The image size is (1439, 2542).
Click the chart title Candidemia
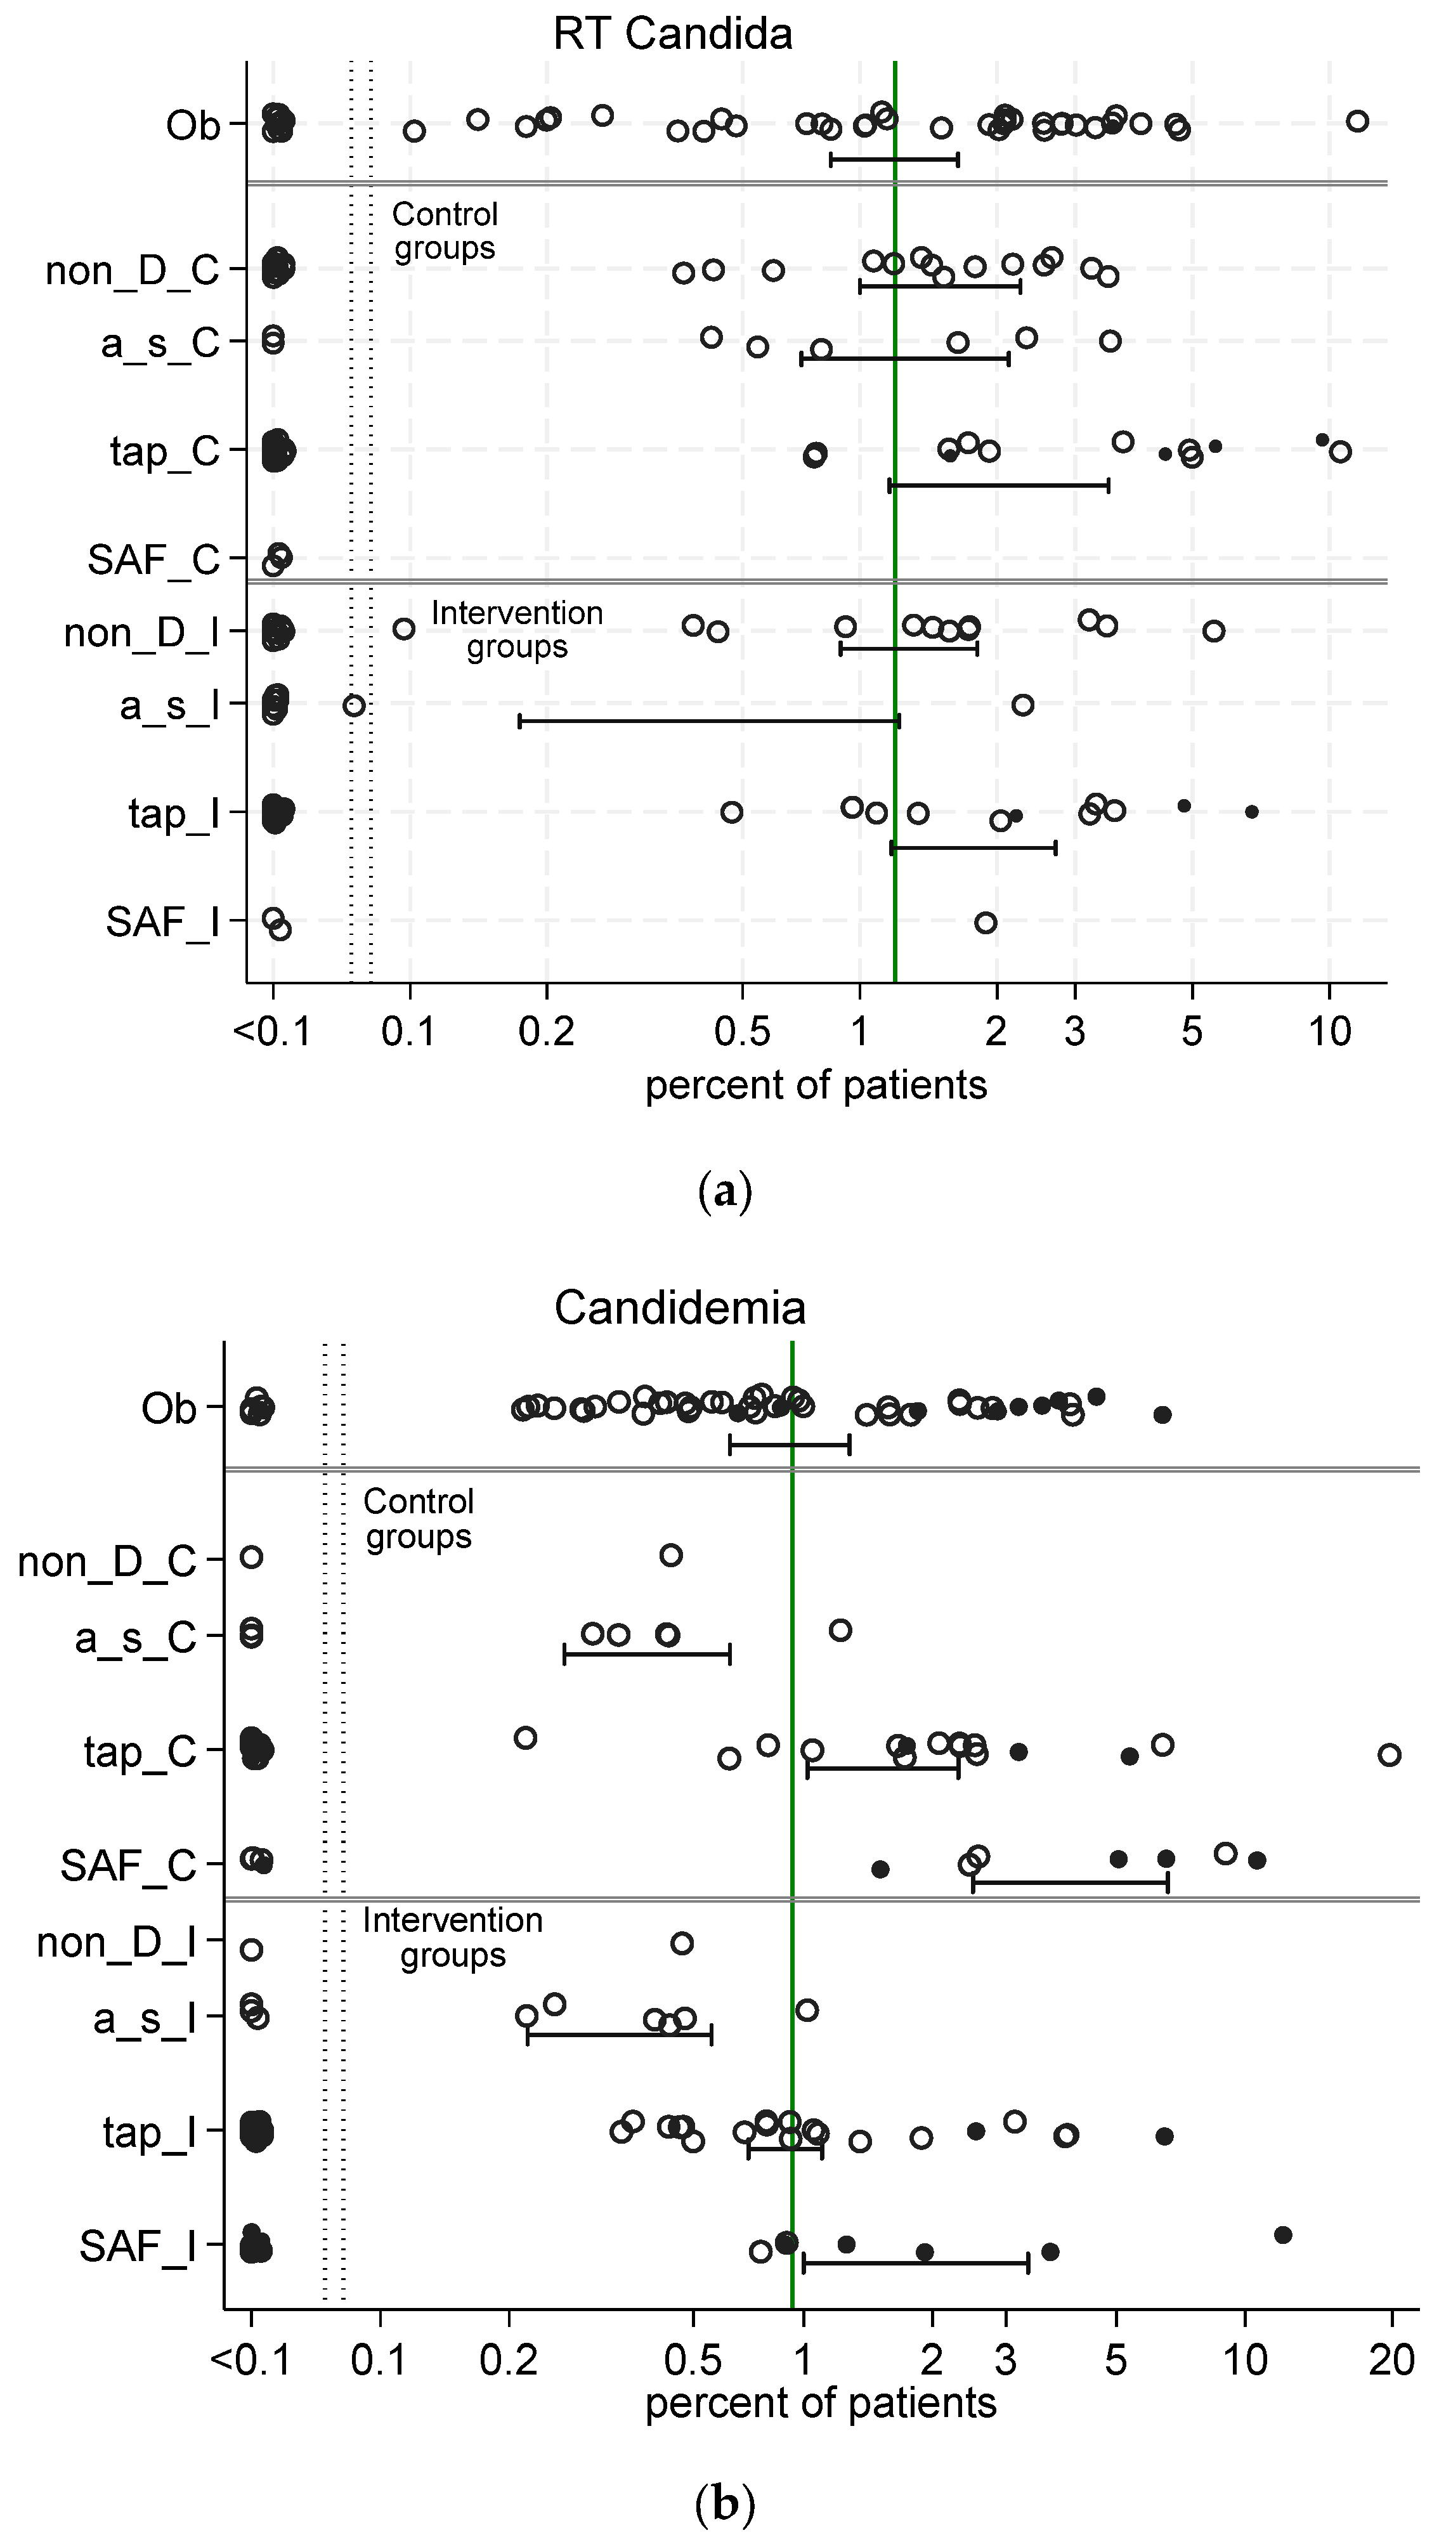(x=679, y=1308)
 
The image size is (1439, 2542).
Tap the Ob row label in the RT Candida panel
(x=193, y=126)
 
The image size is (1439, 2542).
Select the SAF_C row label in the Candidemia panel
(x=129, y=1866)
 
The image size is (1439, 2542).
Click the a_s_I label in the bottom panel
(x=145, y=2018)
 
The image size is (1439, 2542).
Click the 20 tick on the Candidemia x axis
(x=1391, y=2360)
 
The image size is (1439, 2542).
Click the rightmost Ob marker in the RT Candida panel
(x=1357, y=121)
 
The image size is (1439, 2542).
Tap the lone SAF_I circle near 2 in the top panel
(x=986, y=923)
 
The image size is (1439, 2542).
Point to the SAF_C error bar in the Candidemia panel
(x=1071, y=1883)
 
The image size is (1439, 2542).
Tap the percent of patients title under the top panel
(x=816, y=1085)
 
